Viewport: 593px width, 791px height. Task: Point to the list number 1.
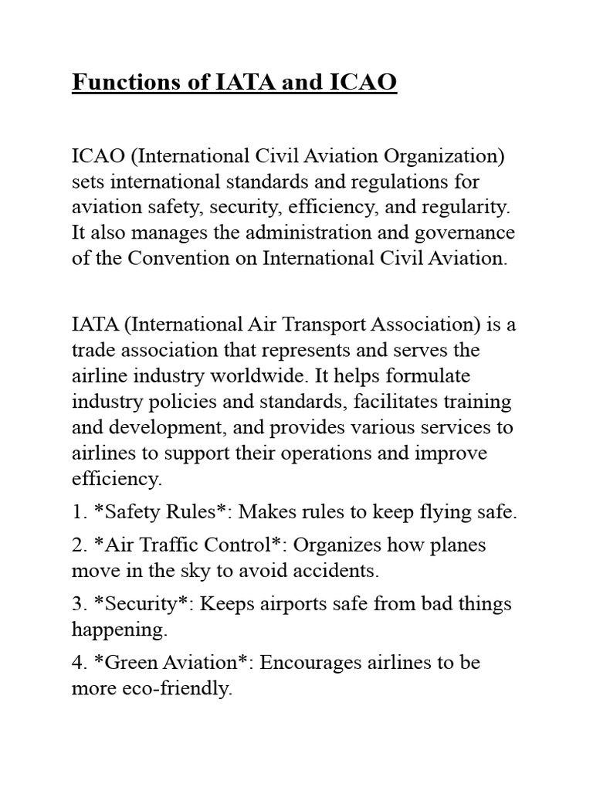[x=77, y=511]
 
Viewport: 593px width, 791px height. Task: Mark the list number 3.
[x=78, y=604]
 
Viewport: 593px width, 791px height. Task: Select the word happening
[x=118, y=630]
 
